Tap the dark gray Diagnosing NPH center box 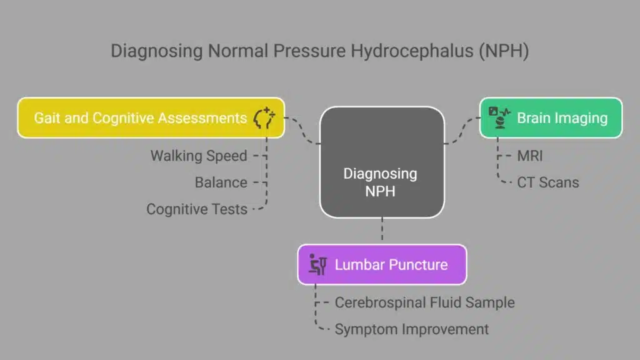382,162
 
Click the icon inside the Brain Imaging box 499,117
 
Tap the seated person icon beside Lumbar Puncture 318,265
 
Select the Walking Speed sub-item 199,156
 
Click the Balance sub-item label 221,182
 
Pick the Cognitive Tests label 196,209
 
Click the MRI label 530,156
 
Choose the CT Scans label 547,182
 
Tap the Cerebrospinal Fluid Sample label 424,302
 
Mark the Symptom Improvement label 411,329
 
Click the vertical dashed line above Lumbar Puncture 382,231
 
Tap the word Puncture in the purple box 416,264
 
